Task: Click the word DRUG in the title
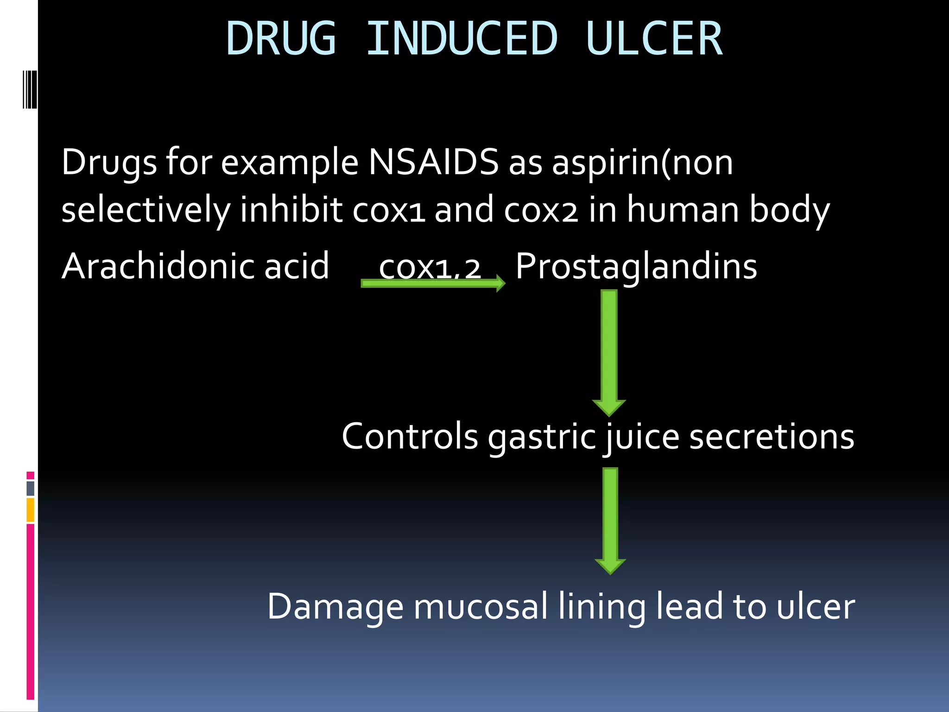coord(281,39)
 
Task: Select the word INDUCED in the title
coord(462,39)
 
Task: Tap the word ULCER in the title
coord(653,39)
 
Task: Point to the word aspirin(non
coord(642,163)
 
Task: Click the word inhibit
coord(291,210)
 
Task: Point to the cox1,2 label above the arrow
coord(430,267)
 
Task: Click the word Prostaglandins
coord(636,267)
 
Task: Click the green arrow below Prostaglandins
coord(609,352)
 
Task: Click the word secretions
coord(772,437)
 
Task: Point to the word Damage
coord(335,607)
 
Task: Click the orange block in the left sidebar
coord(31,510)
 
